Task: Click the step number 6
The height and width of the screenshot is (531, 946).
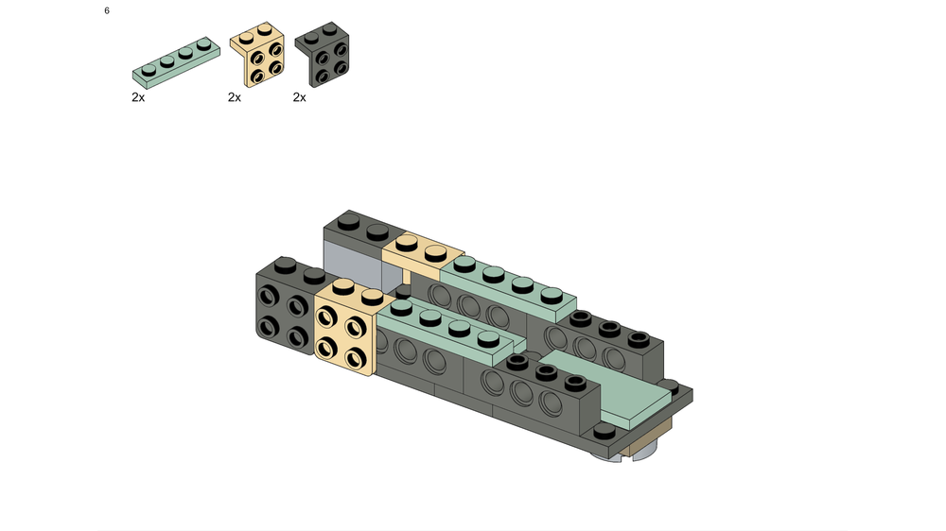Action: pos(107,10)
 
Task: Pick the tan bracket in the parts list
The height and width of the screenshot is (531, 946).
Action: pos(257,54)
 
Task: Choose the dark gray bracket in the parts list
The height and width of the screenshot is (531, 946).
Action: pos(323,54)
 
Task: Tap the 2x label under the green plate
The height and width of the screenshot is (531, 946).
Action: pos(138,97)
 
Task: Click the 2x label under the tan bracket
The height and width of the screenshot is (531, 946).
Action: pos(235,97)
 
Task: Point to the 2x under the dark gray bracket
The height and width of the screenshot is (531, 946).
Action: pos(300,97)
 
